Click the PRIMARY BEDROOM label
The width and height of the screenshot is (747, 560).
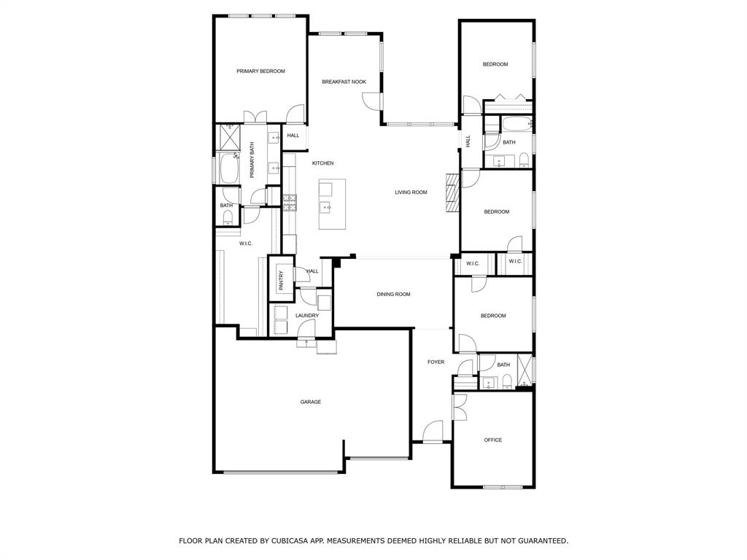click(x=260, y=71)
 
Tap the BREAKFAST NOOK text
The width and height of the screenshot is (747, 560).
click(x=344, y=82)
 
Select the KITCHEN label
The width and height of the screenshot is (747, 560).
click(x=322, y=163)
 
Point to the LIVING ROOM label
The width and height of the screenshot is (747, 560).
click(x=411, y=192)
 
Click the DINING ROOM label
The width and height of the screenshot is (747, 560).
click(x=393, y=295)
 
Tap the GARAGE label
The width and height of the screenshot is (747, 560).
click(x=311, y=402)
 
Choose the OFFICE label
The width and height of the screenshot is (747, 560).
click(x=493, y=440)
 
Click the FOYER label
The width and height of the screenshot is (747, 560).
click(x=436, y=362)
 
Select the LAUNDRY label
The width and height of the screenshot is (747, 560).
click(x=307, y=316)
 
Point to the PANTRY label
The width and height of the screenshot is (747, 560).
click(x=281, y=281)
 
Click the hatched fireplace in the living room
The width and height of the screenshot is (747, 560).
click(x=452, y=192)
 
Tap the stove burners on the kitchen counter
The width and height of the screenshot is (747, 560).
click(x=290, y=202)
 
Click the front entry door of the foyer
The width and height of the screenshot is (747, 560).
click(x=433, y=433)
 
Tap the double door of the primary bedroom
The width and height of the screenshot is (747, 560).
click(x=255, y=117)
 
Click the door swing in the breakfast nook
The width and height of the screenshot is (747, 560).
click(x=372, y=102)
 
